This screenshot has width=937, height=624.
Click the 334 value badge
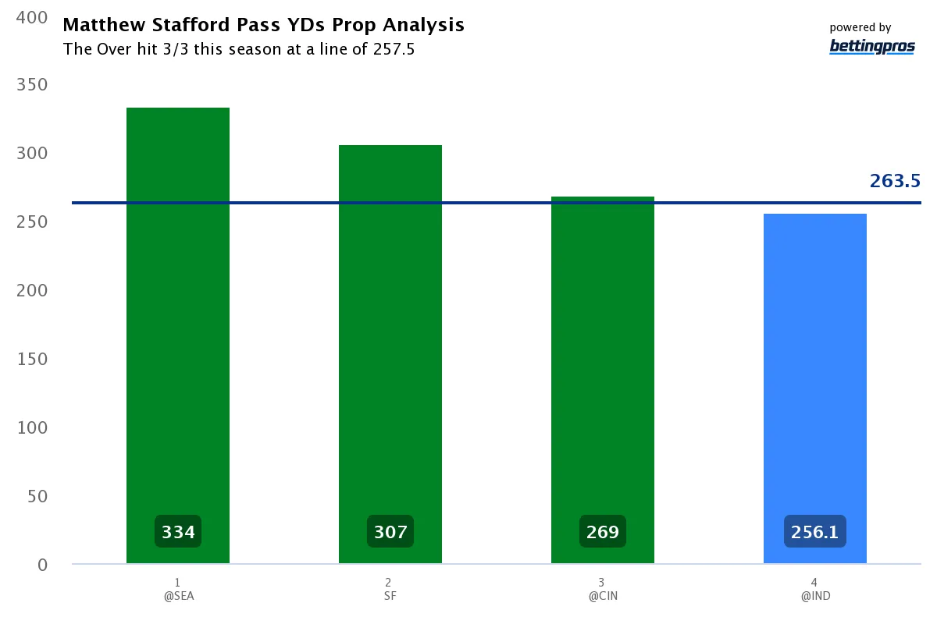click(178, 532)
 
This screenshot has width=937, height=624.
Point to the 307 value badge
click(390, 532)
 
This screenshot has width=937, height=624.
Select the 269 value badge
click(603, 532)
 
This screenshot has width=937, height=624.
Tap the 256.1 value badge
click(814, 532)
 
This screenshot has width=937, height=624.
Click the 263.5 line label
click(895, 182)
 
